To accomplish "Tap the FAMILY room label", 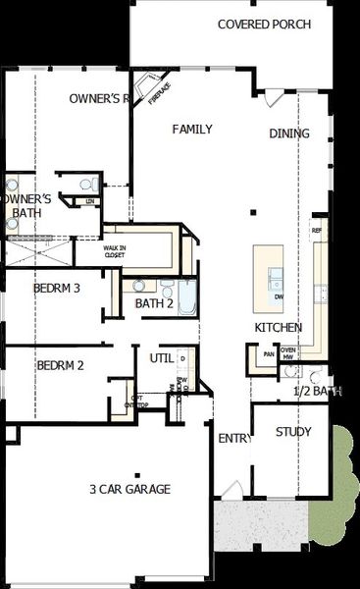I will (193, 130).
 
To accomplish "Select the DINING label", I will (289, 134).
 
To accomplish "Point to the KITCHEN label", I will (278, 327).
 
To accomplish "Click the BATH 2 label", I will (154, 303).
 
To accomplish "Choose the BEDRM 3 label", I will (57, 289).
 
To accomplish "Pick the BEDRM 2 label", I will (60, 365).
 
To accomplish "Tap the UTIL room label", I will (161, 358).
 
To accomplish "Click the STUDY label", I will (293, 431).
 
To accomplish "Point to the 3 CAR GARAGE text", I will (129, 489).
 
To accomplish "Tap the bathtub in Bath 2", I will (186, 297).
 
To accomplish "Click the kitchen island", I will (269, 274).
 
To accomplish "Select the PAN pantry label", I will (268, 354).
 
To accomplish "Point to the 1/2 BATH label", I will (317, 391).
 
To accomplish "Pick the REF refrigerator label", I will (316, 231).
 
